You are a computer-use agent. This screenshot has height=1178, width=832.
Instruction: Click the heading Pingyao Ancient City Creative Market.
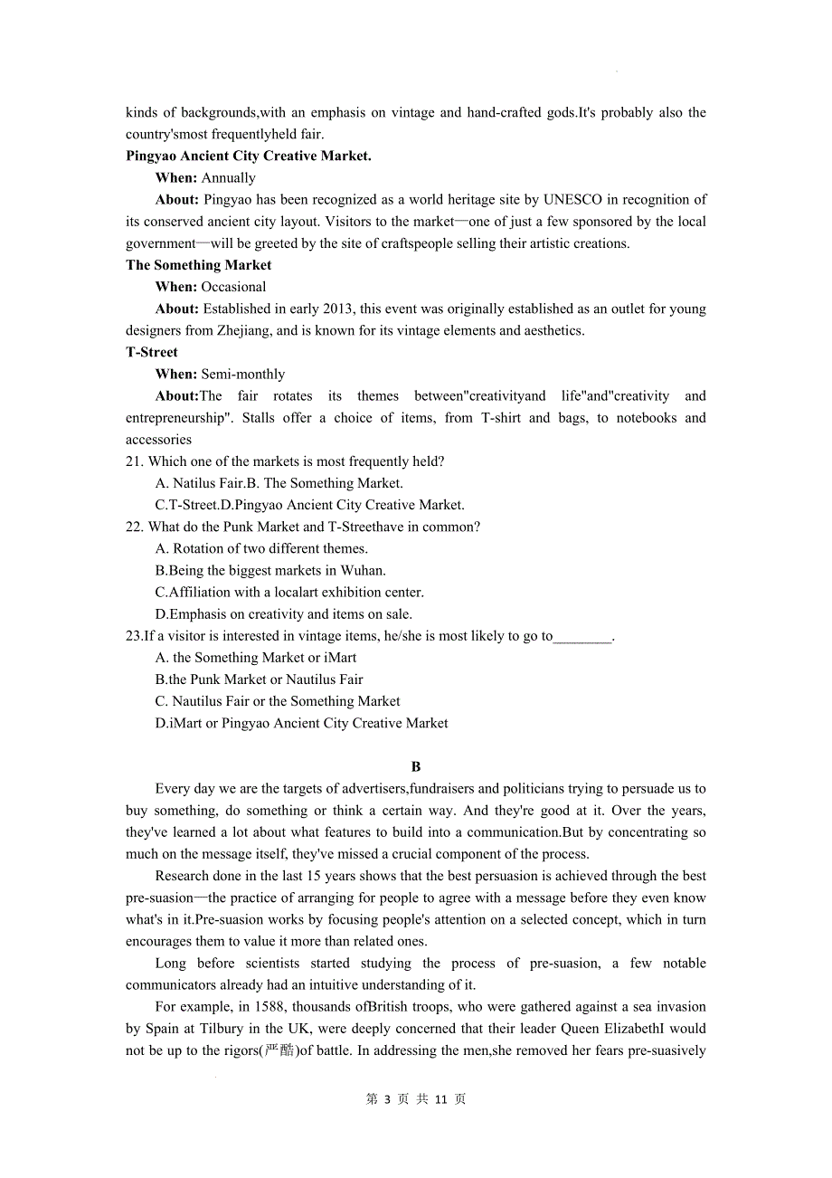(x=248, y=156)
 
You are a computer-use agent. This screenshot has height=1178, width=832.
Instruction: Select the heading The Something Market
(x=198, y=265)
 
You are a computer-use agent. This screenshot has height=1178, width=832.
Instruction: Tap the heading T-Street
(x=152, y=352)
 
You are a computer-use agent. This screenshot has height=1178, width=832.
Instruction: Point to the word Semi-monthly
(x=242, y=374)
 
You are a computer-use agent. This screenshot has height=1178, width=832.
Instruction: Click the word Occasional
(x=233, y=287)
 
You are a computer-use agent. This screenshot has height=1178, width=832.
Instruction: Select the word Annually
(x=228, y=177)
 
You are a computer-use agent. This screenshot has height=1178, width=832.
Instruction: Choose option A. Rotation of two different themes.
(x=261, y=548)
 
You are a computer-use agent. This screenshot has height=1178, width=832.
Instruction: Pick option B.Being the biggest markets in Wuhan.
(x=270, y=570)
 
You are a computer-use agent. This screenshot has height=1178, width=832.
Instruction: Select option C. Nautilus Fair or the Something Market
(x=278, y=701)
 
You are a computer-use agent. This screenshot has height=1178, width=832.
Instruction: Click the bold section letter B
(x=417, y=766)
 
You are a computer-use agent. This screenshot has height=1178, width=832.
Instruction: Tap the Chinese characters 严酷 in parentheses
(x=279, y=1050)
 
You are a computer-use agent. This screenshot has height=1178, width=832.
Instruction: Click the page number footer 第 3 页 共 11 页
(x=416, y=1098)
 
